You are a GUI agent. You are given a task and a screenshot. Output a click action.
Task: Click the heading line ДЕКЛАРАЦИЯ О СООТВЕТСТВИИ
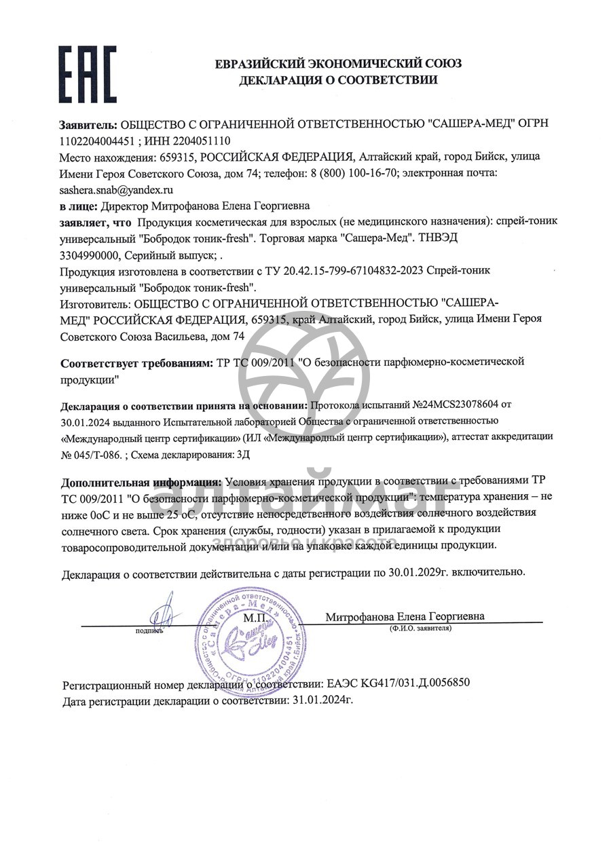(337, 80)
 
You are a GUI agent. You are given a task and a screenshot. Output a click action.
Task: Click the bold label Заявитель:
(88, 124)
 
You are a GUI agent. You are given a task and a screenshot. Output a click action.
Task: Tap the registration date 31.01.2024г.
(322, 699)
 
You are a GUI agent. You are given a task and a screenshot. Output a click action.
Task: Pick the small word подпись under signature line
(149, 631)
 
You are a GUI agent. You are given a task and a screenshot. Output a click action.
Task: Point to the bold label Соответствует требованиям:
(136, 362)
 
